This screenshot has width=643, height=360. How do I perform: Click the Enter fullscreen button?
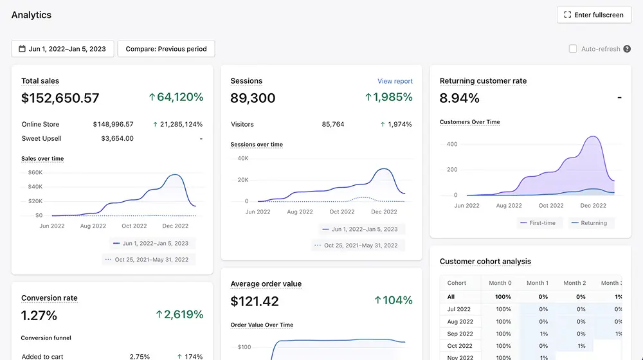point(593,15)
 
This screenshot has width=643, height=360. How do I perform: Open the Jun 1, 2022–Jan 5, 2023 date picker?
point(62,49)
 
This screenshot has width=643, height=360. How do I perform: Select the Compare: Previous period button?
point(166,49)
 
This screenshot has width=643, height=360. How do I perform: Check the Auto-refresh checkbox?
point(573,49)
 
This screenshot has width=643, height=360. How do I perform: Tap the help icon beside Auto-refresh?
point(627,49)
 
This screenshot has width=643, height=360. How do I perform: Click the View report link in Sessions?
point(395,81)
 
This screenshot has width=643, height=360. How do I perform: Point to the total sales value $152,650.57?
point(60,98)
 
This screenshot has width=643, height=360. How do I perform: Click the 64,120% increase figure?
point(176,97)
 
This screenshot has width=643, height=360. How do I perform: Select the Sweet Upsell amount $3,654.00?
point(117,139)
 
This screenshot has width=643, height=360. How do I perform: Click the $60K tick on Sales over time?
point(35,173)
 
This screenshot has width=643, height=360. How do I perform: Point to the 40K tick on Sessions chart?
point(243,158)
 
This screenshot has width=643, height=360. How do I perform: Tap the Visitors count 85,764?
point(333,124)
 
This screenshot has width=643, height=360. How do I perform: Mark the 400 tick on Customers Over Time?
point(452,145)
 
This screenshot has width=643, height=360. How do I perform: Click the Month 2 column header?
point(574,283)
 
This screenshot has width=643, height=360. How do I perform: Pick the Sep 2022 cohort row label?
point(460,334)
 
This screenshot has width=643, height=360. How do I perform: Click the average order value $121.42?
point(255,301)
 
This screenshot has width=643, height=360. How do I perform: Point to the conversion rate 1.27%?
point(39,315)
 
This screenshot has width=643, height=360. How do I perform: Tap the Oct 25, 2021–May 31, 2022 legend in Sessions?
point(356,246)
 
